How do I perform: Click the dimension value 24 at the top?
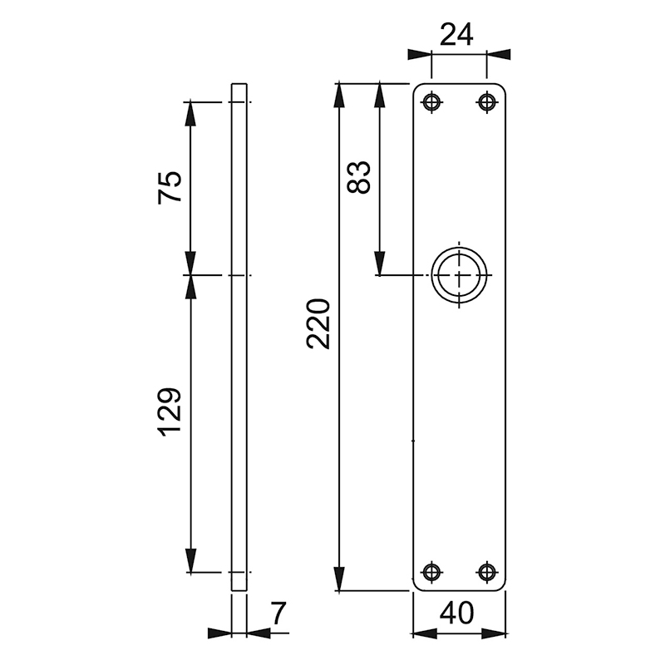[x=456, y=35]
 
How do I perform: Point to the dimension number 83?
[x=359, y=176]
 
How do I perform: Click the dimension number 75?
[x=170, y=187]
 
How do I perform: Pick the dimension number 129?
[x=170, y=411]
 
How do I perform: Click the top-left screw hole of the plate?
[x=431, y=102]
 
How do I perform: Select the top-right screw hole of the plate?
[x=485, y=102]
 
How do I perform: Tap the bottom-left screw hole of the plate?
[x=431, y=571]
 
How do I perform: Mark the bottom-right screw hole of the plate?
[x=485, y=571]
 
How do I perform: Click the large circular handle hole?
[x=458, y=275]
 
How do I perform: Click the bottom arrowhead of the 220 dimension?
[x=339, y=579]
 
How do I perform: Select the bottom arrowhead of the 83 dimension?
[x=379, y=264]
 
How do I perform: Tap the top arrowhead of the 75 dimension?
[x=191, y=112]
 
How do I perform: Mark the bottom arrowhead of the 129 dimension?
[x=191, y=561]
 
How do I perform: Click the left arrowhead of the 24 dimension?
[x=420, y=55]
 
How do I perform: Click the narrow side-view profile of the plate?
[x=239, y=337]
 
